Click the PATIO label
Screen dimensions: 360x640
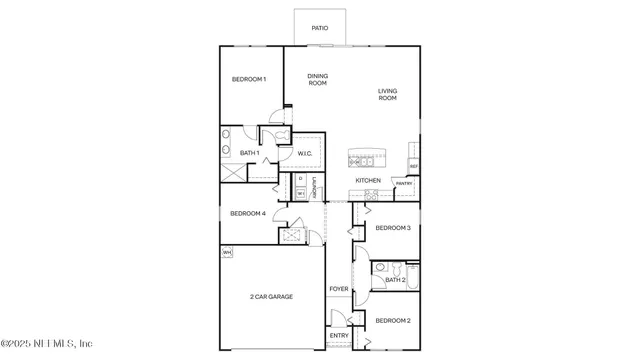pos(320,28)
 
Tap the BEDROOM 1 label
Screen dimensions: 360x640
pos(249,79)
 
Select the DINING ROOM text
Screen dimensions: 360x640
pos(317,80)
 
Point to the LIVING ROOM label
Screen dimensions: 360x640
pos(387,95)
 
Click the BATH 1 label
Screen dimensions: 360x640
pos(250,153)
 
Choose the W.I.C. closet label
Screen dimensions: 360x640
pos(306,153)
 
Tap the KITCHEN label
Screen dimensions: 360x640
pos(368,180)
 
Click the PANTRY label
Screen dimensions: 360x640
pos(404,184)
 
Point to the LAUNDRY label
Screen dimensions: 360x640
pos(315,187)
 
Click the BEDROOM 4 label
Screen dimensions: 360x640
pos(248,213)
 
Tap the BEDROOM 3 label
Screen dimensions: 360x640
pos(393,228)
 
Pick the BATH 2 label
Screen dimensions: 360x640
pos(394,280)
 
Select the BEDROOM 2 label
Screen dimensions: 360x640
pos(393,320)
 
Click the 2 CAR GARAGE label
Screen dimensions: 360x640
pos(271,297)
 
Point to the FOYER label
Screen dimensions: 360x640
pos(339,289)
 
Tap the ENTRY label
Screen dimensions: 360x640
pos(339,335)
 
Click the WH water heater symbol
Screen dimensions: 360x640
pos(227,252)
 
